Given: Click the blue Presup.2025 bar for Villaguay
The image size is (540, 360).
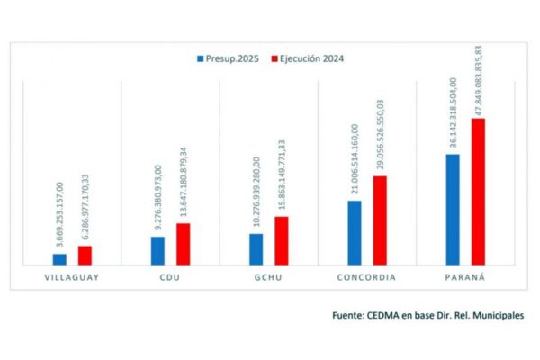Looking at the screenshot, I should point(59,259).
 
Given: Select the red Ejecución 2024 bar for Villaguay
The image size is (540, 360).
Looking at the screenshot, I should point(85,255).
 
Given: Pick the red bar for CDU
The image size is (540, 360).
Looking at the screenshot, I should point(183,244).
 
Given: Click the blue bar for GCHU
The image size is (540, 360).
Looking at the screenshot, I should point(256,249).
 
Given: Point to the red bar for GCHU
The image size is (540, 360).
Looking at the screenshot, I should point(282,240).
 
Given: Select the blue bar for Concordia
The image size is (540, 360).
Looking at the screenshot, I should point(355,232).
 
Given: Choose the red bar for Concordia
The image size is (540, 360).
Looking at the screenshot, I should point(380,220).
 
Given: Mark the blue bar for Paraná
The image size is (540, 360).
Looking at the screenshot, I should point(453,210).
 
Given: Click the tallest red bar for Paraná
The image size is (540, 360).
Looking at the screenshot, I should point(478,192).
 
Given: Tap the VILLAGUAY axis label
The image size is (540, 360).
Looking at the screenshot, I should point(72,277).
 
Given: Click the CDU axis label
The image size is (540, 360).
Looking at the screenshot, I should point(170,277).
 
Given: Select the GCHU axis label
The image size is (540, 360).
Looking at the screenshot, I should point(268,277).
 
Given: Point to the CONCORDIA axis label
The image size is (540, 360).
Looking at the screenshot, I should point(366,277).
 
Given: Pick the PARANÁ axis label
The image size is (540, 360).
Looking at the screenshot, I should point(464,277).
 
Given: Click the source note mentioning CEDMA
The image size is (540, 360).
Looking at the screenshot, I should point(427,316).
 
